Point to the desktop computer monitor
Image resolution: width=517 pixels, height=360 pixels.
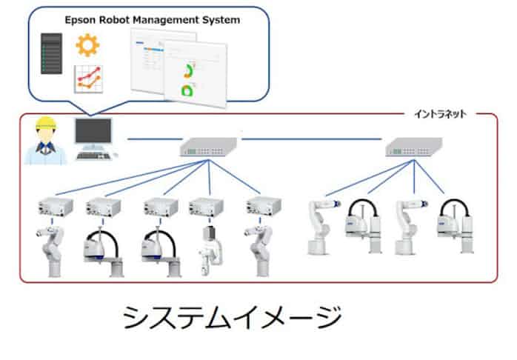click(93, 133)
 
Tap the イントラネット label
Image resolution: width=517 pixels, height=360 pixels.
click(439, 115)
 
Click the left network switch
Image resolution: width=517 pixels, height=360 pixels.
click(210, 150)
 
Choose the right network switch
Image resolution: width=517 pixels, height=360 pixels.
click(412, 150)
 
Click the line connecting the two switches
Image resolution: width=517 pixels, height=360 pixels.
click(311, 139)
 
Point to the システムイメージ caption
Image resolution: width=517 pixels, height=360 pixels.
click(232, 318)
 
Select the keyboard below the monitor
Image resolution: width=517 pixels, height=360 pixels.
click(96, 156)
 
